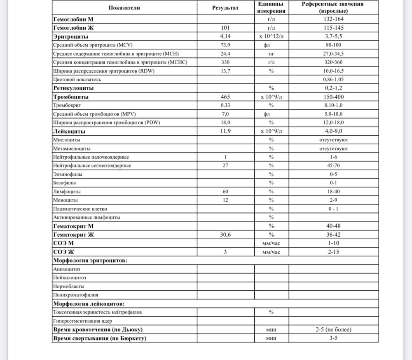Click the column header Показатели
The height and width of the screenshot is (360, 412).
[x=125, y=7]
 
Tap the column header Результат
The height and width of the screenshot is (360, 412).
[x=225, y=7]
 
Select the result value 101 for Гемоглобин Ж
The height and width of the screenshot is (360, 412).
[x=225, y=28]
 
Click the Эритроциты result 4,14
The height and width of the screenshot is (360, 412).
[x=225, y=36]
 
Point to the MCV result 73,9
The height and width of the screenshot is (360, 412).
[x=225, y=45]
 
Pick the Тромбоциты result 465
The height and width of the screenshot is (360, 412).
[x=225, y=97]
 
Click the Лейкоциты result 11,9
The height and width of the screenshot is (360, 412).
[x=225, y=131]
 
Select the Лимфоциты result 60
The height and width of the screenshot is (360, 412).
[x=225, y=192]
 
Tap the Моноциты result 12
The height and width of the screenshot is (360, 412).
[x=225, y=200]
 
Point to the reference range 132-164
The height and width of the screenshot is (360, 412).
[x=334, y=19]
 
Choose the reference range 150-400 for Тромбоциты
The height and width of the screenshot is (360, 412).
[x=334, y=97]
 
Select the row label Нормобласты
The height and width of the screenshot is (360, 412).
[x=69, y=286]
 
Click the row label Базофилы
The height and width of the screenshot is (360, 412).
[x=65, y=183]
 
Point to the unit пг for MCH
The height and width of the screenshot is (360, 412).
[x=271, y=54]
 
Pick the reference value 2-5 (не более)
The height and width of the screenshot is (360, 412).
[x=334, y=329]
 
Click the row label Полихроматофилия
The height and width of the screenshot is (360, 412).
[x=75, y=295]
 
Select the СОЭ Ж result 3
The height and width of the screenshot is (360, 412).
[x=225, y=252]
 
